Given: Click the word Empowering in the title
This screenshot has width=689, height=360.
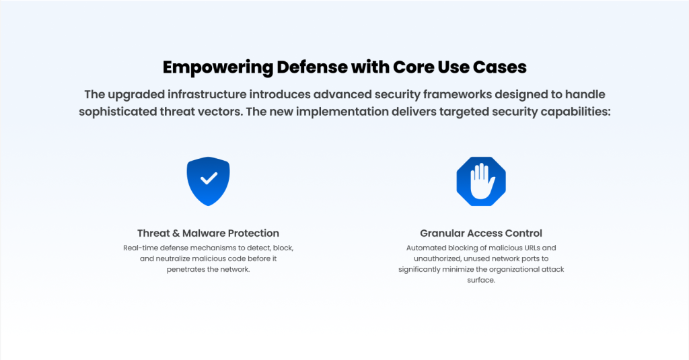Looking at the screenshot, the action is click(x=217, y=68).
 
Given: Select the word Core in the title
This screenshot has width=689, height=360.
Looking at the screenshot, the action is click(x=412, y=67).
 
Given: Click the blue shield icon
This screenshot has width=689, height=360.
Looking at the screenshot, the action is click(x=209, y=181).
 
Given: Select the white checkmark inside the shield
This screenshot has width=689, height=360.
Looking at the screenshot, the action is click(x=209, y=178).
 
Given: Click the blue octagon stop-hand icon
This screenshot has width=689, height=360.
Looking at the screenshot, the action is click(x=481, y=181).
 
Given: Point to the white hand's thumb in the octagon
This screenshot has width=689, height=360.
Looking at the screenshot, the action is click(x=491, y=182).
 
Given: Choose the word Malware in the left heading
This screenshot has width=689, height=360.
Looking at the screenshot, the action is click(x=204, y=233).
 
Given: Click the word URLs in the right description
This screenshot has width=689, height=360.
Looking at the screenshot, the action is click(x=532, y=248).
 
